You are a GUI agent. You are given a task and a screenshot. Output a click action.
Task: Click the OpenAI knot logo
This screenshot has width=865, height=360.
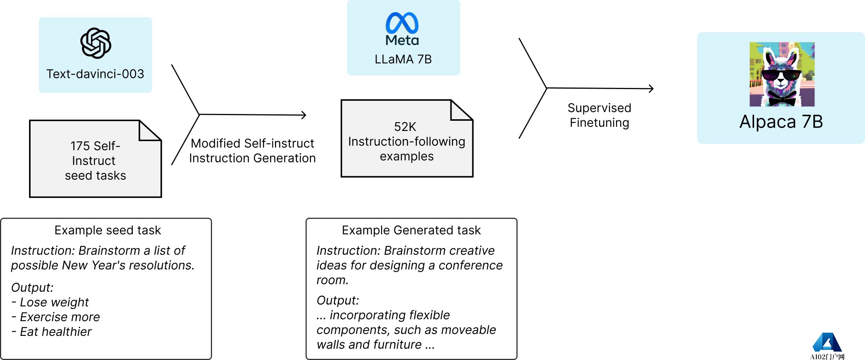click(x=95, y=43)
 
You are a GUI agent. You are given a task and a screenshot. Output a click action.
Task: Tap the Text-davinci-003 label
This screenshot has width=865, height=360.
click(x=95, y=74)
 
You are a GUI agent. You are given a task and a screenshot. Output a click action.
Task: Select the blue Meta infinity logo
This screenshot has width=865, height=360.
click(x=402, y=23)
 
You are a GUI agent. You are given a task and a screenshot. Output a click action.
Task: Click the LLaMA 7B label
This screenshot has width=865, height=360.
click(x=403, y=59)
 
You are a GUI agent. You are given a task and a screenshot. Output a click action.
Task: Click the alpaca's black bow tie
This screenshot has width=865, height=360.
click(x=782, y=99)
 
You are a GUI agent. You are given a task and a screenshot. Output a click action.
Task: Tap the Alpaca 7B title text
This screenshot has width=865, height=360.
click(x=781, y=122)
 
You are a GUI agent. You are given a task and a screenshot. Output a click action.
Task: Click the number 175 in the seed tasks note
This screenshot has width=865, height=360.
click(x=80, y=146)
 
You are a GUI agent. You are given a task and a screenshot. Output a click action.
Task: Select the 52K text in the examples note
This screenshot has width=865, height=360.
click(x=405, y=127)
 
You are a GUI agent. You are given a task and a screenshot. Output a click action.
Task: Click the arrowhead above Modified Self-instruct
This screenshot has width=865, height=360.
click(x=304, y=115)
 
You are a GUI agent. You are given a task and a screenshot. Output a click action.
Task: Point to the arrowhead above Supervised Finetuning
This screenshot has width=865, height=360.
click(x=651, y=89)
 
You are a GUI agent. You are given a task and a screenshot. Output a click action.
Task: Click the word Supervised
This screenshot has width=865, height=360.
click(x=599, y=108)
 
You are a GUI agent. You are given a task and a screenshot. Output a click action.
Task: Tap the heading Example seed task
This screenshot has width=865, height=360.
click(x=108, y=230)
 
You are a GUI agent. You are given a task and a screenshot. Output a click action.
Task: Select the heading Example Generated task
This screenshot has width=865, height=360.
click(x=411, y=230)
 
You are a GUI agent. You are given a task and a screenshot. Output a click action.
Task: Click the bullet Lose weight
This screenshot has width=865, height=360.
click(x=54, y=302)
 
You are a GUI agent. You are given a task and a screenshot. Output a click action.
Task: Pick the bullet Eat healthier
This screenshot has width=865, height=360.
click(x=55, y=332)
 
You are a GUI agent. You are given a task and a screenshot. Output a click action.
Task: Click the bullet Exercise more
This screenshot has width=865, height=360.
click(x=60, y=317)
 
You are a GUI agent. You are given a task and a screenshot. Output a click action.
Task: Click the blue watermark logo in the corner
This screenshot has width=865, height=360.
click(x=827, y=343)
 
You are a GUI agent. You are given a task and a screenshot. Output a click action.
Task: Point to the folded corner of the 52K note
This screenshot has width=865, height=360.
click(x=461, y=111)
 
